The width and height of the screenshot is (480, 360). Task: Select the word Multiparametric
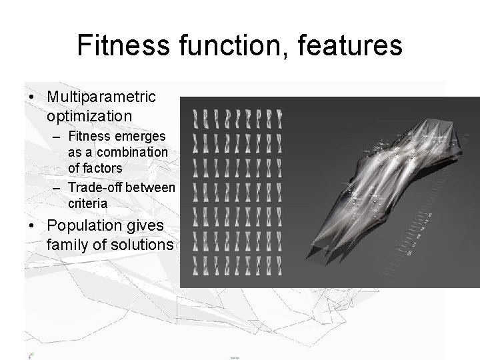[101, 97]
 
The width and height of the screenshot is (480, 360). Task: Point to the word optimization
[89, 115]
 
